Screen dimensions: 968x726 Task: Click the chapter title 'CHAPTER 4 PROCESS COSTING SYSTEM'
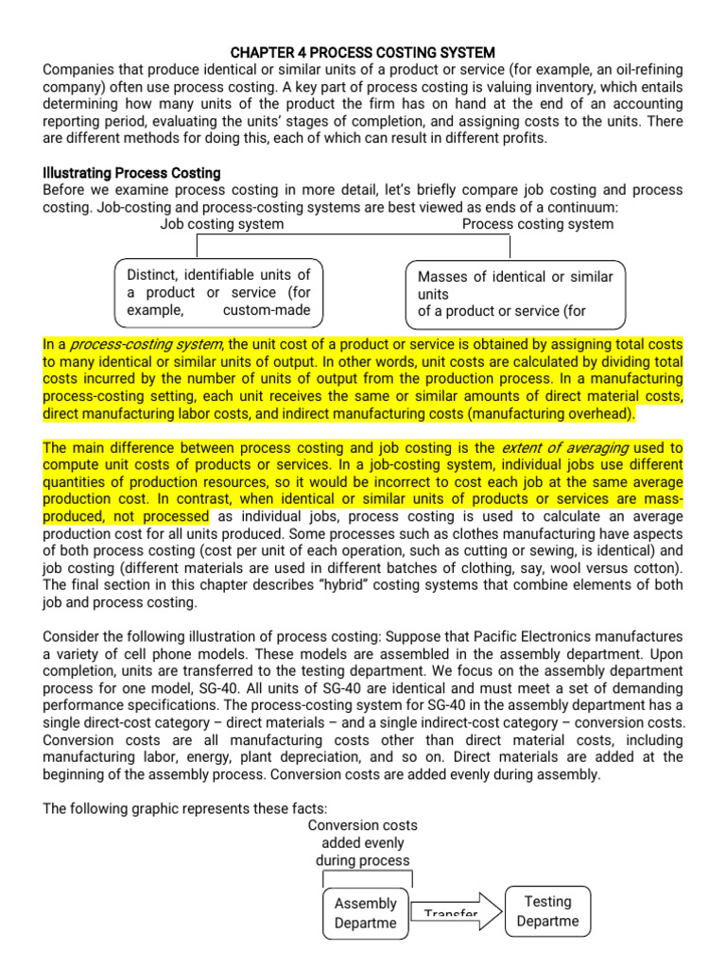pos(363,52)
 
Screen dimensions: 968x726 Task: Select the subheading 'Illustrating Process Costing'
pos(131,173)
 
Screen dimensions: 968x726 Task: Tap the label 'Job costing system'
pos(221,224)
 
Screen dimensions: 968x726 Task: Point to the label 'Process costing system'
pos(537,224)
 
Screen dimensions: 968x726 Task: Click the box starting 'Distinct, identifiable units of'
pos(218,292)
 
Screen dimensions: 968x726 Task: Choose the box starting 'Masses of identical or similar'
pos(515,293)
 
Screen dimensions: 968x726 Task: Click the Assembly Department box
pos(366,912)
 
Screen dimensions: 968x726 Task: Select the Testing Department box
pos(548,911)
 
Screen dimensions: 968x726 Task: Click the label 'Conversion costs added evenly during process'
pos(363,842)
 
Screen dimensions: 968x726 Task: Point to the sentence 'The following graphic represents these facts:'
pos(185,808)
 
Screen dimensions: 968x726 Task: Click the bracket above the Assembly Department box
pos(363,876)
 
